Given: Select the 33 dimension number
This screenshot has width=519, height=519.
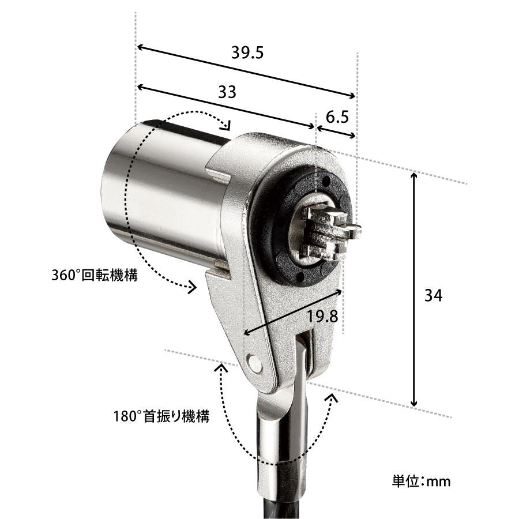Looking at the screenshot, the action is [x=227, y=92].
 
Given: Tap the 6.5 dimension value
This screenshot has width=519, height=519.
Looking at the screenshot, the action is [x=337, y=117].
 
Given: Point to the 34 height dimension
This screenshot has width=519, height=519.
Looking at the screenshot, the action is [x=434, y=295].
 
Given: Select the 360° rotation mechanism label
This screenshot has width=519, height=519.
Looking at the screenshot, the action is [x=95, y=275].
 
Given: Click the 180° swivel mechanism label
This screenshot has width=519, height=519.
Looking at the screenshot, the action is [x=161, y=416].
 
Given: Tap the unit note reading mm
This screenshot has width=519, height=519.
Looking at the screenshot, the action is [x=422, y=481].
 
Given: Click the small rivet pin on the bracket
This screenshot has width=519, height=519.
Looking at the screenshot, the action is [x=254, y=363].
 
